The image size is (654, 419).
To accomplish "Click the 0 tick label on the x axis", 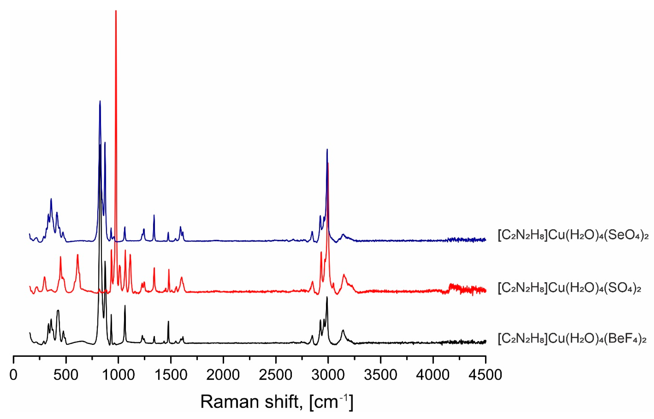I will click(13, 375).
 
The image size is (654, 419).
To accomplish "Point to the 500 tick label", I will click(66, 375).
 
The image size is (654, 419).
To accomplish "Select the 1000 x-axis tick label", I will click(118, 375).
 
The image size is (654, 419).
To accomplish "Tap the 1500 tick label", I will click(171, 375).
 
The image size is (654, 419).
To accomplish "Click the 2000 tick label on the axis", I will click(223, 375).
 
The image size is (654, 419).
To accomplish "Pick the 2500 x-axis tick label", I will click(276, 375).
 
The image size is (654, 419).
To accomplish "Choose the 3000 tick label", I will click(328, 375).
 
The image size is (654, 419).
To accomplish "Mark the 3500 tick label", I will click(380, 375).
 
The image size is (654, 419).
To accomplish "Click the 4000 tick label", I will click(433, 375).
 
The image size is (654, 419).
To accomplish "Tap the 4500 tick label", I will click(485, 375).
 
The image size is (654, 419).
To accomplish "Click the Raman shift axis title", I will click(277, 402).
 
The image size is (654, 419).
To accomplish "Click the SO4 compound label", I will click(569, 287).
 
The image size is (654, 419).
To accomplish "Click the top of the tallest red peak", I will click(116, 11).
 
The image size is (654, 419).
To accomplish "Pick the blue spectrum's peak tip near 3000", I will click(327, 149).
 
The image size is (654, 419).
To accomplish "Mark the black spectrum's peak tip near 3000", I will click(327, 297).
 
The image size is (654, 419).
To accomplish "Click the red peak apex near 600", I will click(78, 255).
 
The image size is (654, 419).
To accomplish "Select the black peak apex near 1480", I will click(168, 321).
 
